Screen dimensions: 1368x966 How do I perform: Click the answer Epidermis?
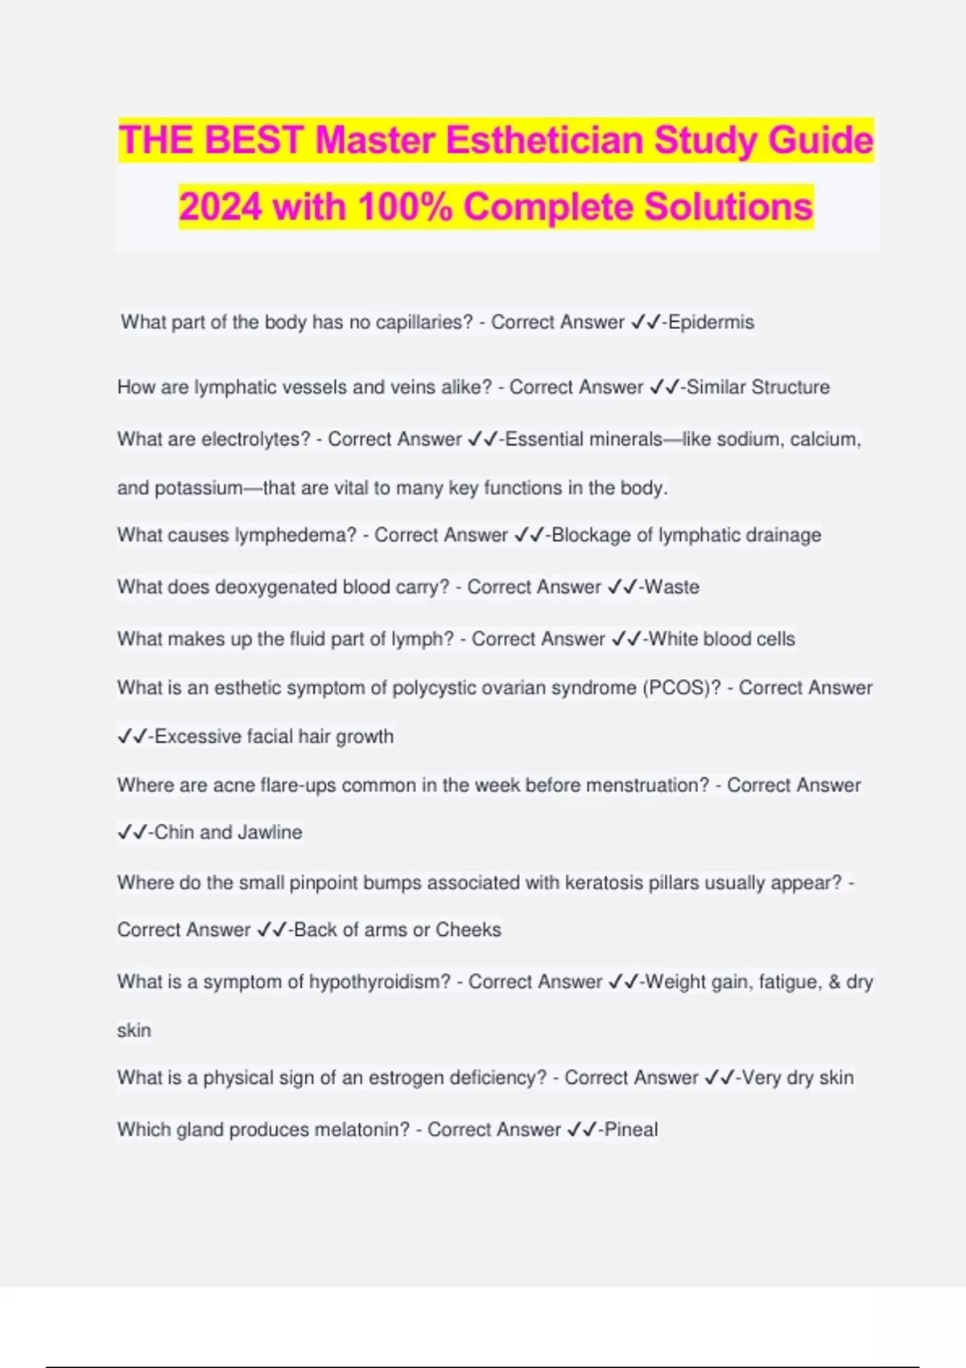[711, 323]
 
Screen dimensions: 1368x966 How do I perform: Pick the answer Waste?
[672, 587]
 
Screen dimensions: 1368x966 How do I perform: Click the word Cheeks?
[468, 930]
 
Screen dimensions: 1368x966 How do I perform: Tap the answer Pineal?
[631, 1130]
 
